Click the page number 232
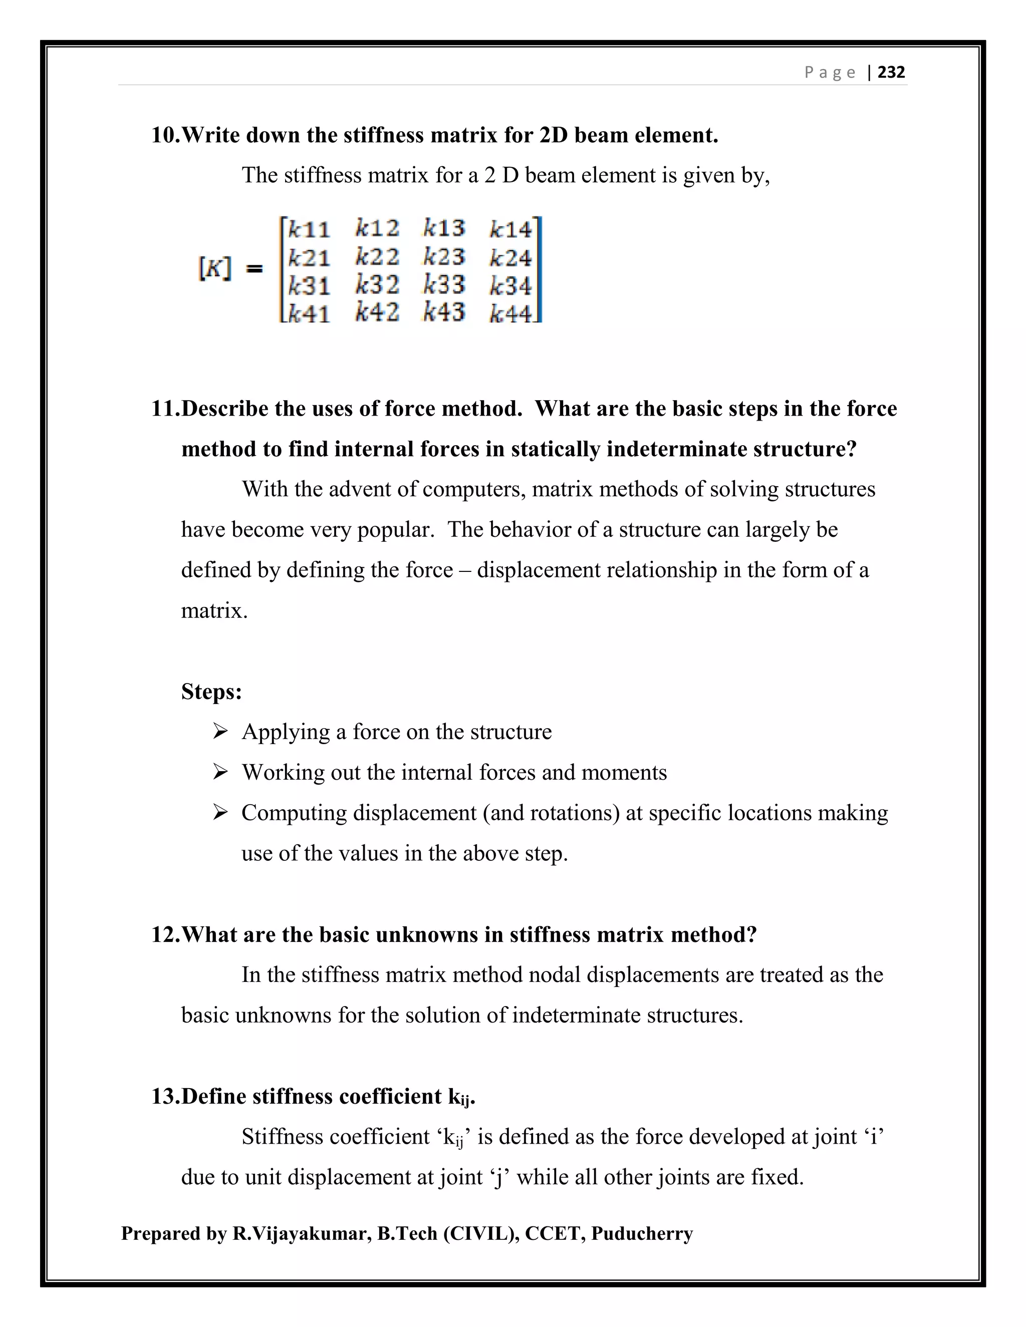point(891,72)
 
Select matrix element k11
point(309,230)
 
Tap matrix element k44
point(510,313)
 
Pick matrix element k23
point(444,257)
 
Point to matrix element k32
point(377,285)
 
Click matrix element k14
point(510,230)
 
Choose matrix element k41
point(309,313)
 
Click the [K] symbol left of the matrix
point(214,268)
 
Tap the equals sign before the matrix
point(254,268)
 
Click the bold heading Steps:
point(211,692)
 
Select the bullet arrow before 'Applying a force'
point(220,731)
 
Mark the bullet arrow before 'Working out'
point(220,772)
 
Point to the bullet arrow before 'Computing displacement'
point(220,812)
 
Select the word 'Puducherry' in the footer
point(642,1233)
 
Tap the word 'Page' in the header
point(830,72)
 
